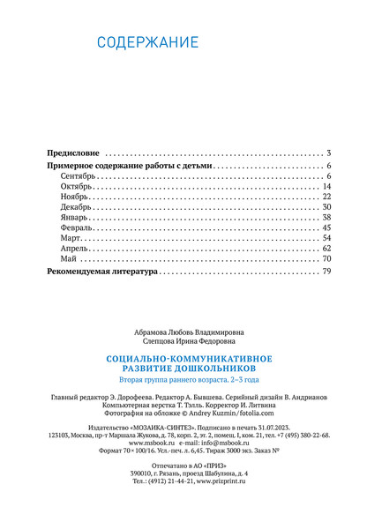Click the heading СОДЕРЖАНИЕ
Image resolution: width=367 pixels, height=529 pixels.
tap(147, 42)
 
